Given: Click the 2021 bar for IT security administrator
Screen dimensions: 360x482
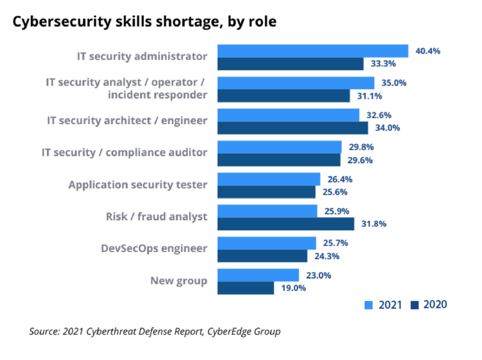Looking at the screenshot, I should [313, 51].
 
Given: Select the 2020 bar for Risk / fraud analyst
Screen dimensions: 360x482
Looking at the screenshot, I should [286, 224].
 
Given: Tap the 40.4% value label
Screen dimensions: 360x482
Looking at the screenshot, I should [428, 51].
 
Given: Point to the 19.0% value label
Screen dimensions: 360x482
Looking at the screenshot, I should [293, 288].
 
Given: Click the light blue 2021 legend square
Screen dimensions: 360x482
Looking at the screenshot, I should [369, 305].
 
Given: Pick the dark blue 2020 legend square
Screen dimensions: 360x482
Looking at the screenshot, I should [414, 305].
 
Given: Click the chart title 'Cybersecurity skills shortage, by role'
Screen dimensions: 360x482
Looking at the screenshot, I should [145, 21].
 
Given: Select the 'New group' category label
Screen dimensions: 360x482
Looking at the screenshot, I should [178, 280].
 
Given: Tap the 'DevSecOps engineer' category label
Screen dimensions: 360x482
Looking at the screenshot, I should [154, 248].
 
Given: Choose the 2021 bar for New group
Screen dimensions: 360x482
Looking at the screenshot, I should [258, 275].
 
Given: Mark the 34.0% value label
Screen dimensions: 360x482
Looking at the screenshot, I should [388, 128].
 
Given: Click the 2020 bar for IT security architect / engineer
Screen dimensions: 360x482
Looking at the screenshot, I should [292, 128].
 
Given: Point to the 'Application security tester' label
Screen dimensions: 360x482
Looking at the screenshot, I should [137, 184].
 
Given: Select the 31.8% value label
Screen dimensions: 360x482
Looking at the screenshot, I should [374, 224].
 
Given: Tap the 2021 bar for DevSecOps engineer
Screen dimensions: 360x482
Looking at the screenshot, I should [267, 243].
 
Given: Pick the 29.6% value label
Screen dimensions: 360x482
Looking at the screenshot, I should [360, 160].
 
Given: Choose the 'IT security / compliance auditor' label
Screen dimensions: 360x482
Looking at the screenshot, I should [124, 152].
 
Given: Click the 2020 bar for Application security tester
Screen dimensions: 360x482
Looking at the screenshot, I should [266, 192].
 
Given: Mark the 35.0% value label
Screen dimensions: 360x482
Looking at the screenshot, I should [394, 83].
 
